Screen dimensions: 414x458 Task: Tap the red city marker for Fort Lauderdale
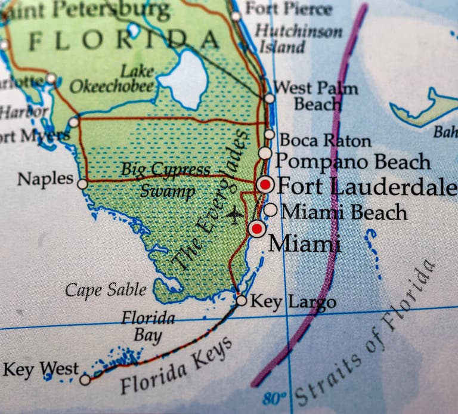pos(265,184)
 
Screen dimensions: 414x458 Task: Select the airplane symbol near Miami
pos(235,214)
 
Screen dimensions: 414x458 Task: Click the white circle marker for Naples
pos(82,184)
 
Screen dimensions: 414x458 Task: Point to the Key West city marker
pos(85,379)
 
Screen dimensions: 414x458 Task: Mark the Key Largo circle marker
pos(241,301)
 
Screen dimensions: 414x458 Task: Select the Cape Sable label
pos(105,291)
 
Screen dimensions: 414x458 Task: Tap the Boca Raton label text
pos(325,141)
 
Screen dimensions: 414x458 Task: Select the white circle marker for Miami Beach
pos(270,210)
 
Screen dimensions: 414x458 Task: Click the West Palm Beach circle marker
pos(270,98)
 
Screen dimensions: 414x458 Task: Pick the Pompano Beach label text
pos(352,162)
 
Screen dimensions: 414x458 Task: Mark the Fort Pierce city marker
pos(236,16)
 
